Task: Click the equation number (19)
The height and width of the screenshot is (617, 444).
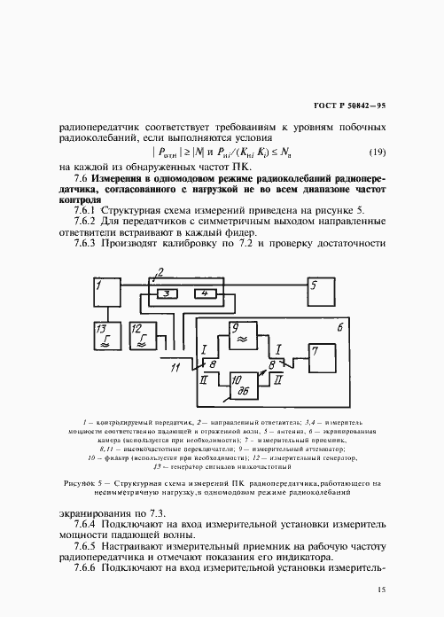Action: click(x=378, y=152)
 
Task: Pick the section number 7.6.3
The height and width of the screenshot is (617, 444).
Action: click(x=91, y=243)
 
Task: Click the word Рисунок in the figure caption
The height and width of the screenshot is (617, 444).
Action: click(x=84, y=483)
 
